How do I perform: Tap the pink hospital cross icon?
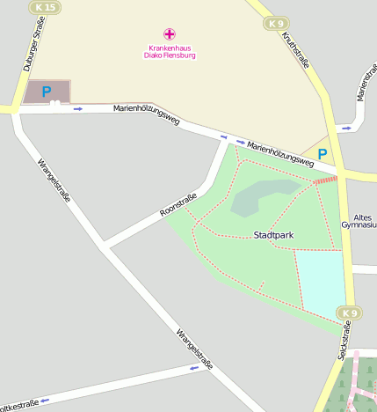[170, 33]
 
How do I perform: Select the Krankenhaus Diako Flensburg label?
[170, 51]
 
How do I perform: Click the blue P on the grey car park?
[47, 92]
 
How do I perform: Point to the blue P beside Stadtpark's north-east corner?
[323, 154]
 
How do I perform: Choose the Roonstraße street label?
[178, 205]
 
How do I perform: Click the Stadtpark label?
[272, 235]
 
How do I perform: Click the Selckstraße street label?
[344, 342]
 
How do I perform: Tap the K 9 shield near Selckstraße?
[349, 313]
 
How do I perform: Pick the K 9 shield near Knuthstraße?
[277, 24]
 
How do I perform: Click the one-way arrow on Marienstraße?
[346, 128]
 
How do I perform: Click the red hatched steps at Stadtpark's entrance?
[325, 180]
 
